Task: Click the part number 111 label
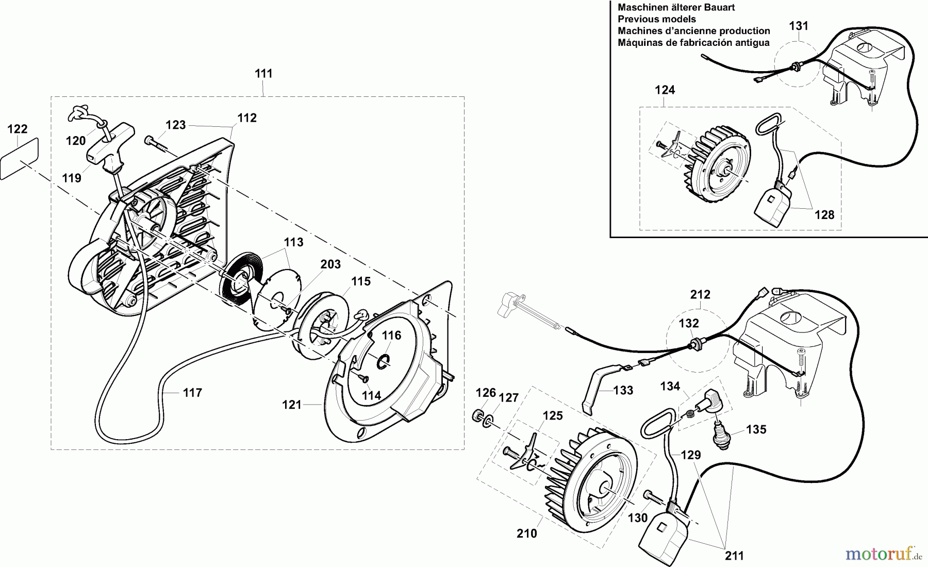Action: click(x=263, y=74)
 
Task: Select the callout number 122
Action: click(x=18, y=129)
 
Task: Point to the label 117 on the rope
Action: click(x=192, y=393)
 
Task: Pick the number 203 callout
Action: click(x=330, y=264)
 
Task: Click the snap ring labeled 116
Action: click(x=382, y=361)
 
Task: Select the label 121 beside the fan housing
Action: click(x=292, y=405)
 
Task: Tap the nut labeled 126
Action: click(x=477, y=416)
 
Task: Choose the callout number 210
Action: click(x=527, y=533)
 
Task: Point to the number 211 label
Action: click(x=734, y=556)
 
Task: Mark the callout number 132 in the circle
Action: click(x=689, y=324)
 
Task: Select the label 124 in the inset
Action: click(x=665, y=90)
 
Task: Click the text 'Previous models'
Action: click(x=657, y=19)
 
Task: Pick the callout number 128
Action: click(x=824, y=215)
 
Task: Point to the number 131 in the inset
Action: click(x=799, y=26)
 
